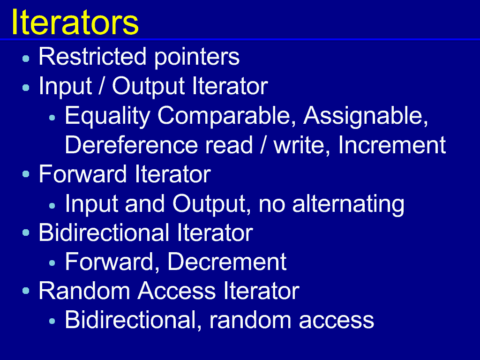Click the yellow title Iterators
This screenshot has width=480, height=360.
coord(75,22)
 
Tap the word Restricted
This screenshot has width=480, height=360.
coord(92,56)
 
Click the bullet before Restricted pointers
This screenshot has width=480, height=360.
coord(26,59)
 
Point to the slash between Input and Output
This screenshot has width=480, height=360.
coord(102,86)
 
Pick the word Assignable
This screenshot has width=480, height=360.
coord(366,116)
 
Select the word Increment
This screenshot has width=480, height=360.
coord(392,144)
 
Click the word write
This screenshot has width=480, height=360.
coord(302,145)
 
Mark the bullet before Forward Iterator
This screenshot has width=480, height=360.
coord(26,174)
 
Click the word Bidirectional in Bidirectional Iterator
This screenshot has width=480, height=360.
coord(104,232)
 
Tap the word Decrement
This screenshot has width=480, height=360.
coord(227,262)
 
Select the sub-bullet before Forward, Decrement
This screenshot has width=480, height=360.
coord(52,262)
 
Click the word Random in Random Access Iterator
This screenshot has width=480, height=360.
coord(84,291)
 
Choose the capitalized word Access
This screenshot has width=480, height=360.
coord(177,291)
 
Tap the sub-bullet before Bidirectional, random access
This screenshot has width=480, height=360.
coord(52,321)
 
